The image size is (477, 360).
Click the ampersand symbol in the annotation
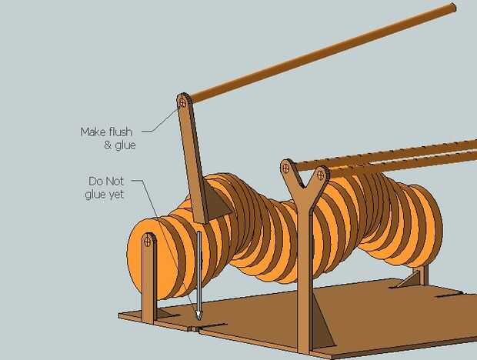tap(107, 145)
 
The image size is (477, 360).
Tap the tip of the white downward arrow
tap(198, 318)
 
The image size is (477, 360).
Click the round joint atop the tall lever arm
tap(183, 101)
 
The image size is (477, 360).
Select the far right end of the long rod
tap(452, 8)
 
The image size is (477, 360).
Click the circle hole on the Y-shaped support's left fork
tap(285, 167)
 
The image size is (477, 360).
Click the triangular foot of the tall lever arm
tap(218, 204)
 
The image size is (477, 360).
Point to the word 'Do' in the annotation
tap(96, 182)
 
